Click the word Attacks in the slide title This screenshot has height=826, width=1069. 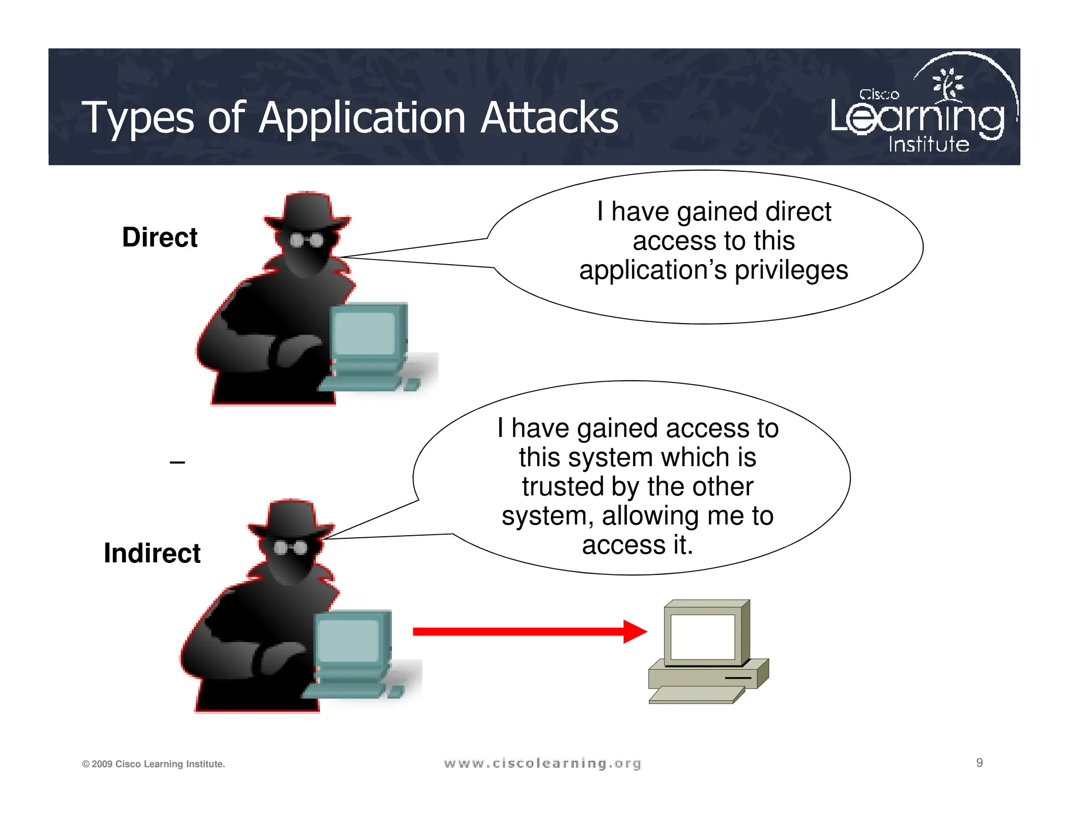549,118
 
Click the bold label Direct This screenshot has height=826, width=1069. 159,238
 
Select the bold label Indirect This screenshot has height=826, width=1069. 152,553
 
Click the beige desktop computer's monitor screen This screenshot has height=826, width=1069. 703,636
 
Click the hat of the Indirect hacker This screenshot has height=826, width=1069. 291,517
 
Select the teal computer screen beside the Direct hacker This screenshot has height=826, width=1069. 364,333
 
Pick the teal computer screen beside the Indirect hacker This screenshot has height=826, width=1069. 348,640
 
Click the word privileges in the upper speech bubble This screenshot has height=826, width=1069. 791,270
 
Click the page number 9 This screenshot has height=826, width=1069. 979,763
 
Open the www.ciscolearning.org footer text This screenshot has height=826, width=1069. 542,763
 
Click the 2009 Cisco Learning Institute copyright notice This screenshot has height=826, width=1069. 153,764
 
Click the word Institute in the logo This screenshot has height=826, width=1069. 929,144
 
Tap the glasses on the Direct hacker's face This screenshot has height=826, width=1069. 307,240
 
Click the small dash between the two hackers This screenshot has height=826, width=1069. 177,463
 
